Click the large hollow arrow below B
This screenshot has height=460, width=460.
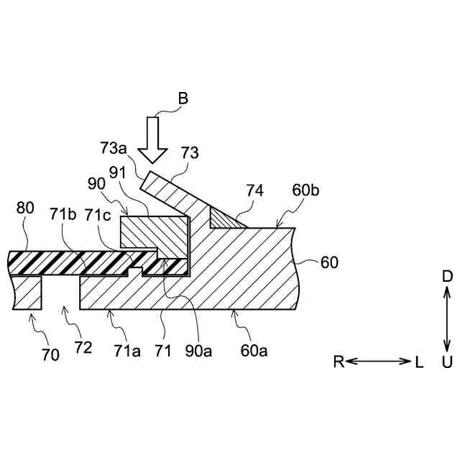[x=152, y=139]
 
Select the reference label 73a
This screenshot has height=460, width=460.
[x=114, y=148]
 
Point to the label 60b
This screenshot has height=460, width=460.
[x=308, y=190]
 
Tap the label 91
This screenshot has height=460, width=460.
[x=117, y=172]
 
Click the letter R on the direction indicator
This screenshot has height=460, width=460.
[x=338, y=362]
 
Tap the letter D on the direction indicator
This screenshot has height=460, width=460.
[x=446, y=276]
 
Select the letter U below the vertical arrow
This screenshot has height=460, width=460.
[x=446, y=362]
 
